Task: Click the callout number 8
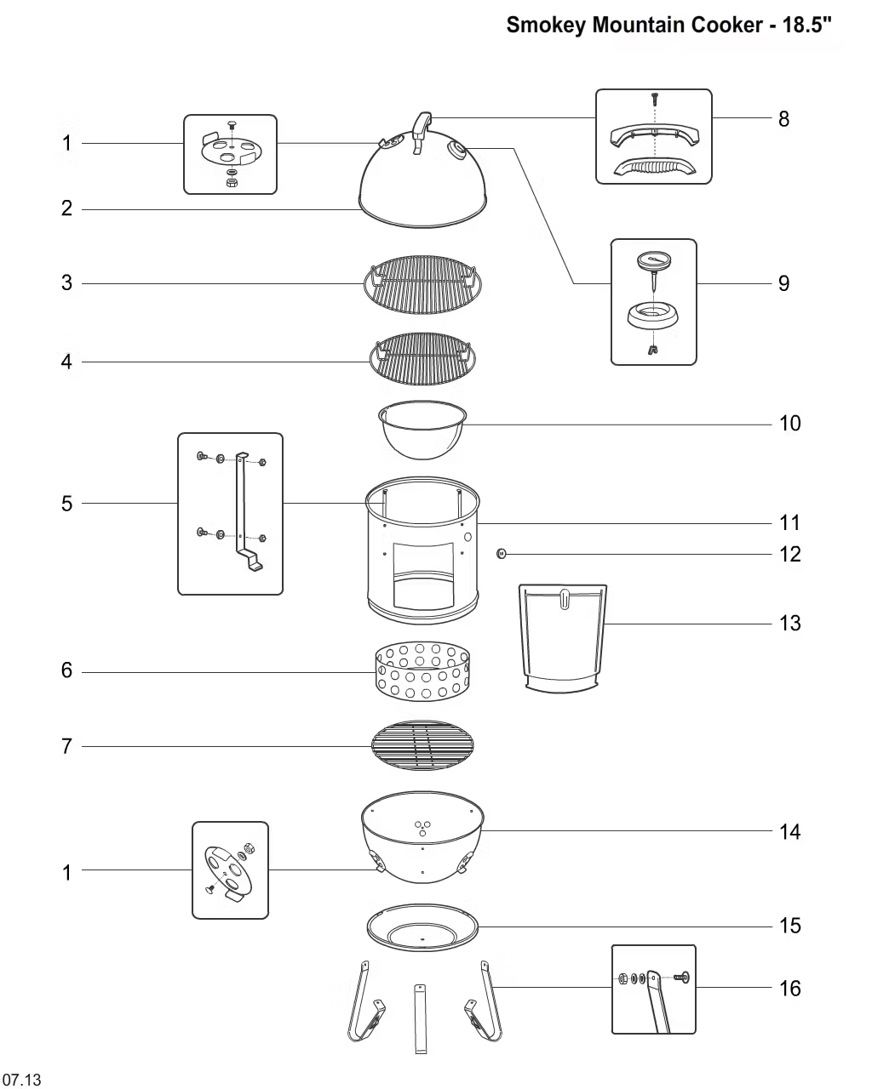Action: pyautogui.click(x=783, y=119)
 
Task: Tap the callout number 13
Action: pyautogui.click(x=789, y=624)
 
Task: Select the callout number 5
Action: pyautogui.click(x=67, y=504)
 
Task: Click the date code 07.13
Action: pyautogui.click(x=21, y=1079)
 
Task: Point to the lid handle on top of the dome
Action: pyautogui.click(x=422, y=132)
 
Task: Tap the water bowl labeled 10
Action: pyautogui.click(x=422, y=430)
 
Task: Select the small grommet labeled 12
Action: pyautogui.click(x=501, y=554)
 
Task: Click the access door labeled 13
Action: pyautogui.click(x=562, y=639)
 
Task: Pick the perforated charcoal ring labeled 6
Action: pyautogui.click(x=422, y=671)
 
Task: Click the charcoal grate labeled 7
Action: pyautogui.click(x=422, y=745)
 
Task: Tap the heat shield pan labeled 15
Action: pyautogui.click(x=422, y=927)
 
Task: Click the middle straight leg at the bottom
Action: pyautogui.click(x=420, y=1018)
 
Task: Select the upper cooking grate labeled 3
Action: pyautogui.click(x=422, y=284)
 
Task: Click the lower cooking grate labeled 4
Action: pyautogui.click(x=422, y=359)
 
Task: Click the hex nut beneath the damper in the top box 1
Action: pyautogui.click(x=231, y=182)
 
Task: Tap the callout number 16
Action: pyautogui.click(x=789, y=989)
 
